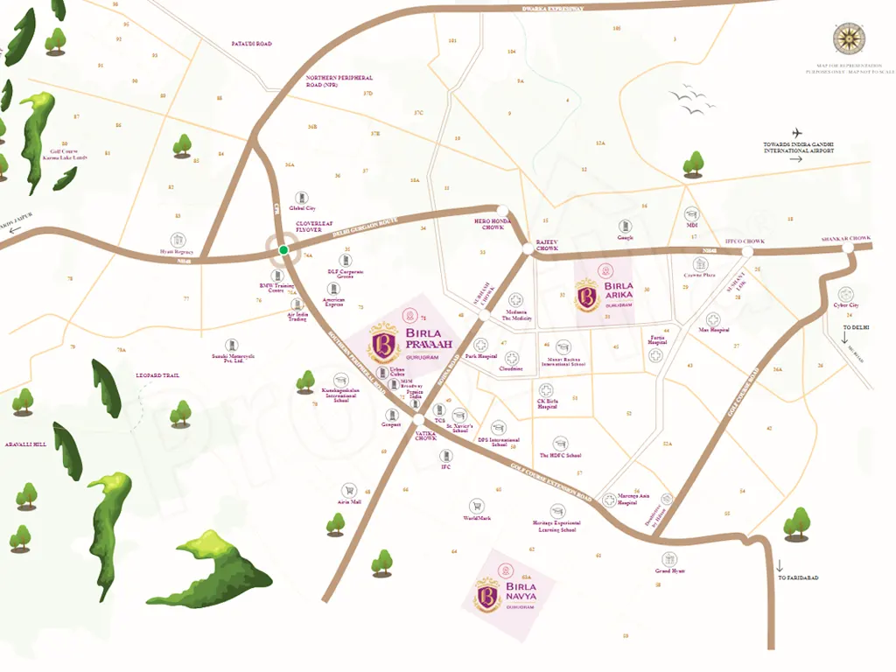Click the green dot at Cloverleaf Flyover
tap(283, 250)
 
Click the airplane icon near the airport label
tap(798, 133)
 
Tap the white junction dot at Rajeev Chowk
tap(526, 249)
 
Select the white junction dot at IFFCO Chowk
tap(747, 252)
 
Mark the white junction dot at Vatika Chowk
tap(418, 420)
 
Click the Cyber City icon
tap(845, 294)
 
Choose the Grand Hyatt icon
tap(669, 558)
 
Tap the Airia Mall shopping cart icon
tap(349, 491)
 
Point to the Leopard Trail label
tap(157, 375)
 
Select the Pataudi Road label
tap(251, 43)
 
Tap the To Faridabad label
tap(797, 578)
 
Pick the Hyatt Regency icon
tap(178, 239)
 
